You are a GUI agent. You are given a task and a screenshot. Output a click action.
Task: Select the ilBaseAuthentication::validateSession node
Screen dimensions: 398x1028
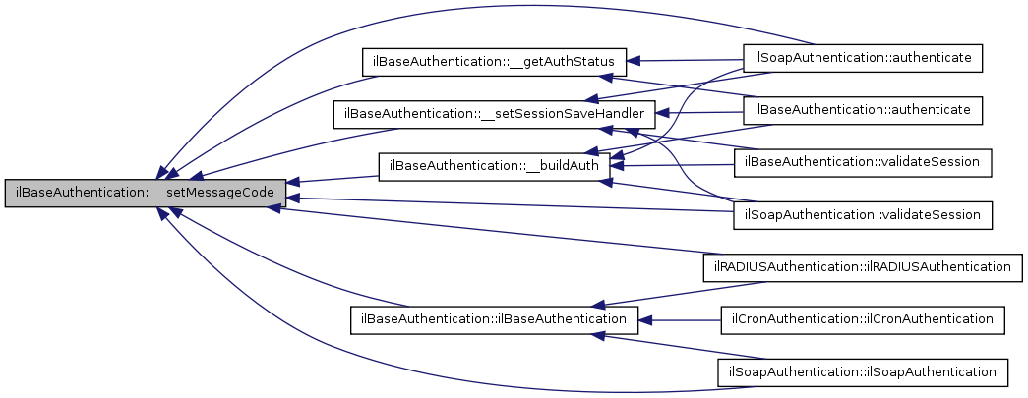point(863,161)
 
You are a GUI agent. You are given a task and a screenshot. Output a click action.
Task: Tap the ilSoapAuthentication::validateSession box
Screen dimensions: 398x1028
point(863,212)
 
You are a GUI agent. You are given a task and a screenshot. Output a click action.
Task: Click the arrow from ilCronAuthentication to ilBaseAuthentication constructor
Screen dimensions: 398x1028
point(679,318)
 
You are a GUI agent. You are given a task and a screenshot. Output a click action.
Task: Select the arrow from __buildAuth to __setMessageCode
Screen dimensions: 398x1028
point(334,179)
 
